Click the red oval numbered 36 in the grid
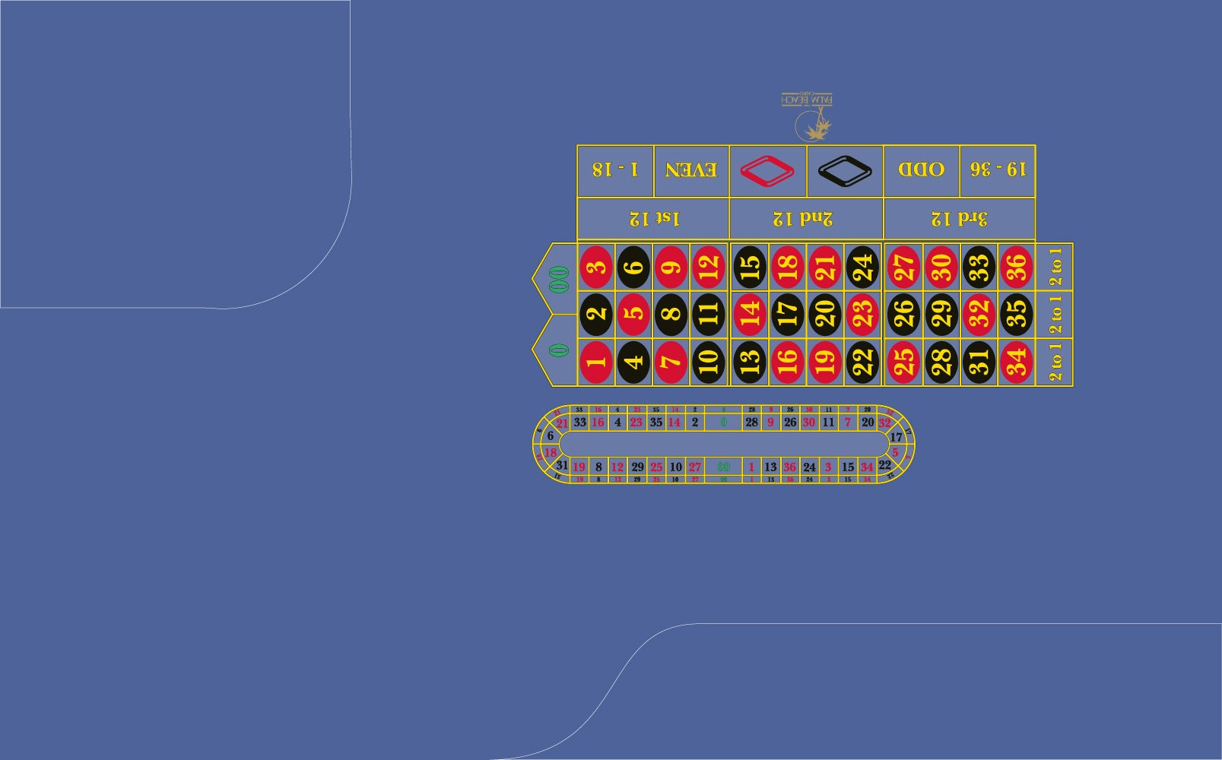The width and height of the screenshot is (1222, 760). click(x=1016, y=268)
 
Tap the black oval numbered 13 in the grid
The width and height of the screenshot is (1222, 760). click(x=749, y=362)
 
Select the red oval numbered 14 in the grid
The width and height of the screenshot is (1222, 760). click(x=749, y=315)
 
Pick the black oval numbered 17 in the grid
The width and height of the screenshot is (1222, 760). click(x=787, y=315)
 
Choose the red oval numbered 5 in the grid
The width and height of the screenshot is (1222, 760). click(x=633, y=315)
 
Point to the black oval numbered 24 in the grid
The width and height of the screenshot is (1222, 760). click(x=862, y=268)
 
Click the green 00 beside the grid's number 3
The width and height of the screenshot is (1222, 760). click(x=559, y=279)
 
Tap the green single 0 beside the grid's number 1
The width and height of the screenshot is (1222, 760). click(x=559, y=350)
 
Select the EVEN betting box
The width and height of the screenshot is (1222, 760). click(x=690, y=170)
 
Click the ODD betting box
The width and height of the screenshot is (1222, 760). click(x=921, y=170)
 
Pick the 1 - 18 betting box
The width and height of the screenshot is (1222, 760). click(x=615, y=170)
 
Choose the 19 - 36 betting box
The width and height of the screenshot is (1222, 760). click(x=998, y=170)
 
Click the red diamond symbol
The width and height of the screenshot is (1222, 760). click(x=767, y=170)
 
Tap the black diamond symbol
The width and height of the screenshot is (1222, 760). click(x=844, y=170)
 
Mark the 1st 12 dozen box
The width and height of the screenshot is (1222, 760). click(x=654, y=219)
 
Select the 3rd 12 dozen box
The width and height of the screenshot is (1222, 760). click(x=959, y=219)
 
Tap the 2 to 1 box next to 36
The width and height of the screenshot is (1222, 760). click(x=1055, y=268)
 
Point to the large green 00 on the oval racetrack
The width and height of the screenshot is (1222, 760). click(x=723, y=467)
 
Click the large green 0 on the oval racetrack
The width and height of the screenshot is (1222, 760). click(x=723, y=422)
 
